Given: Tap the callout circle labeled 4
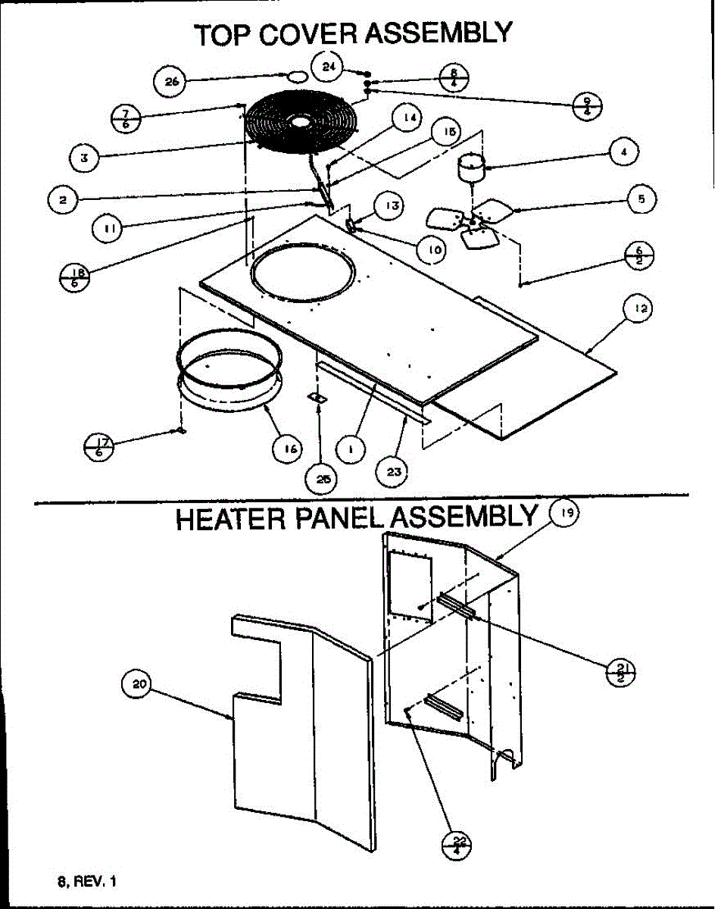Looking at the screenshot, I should click(x=623, y=151).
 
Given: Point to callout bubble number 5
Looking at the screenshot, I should click(x=641, y=200).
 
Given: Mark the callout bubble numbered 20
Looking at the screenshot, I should click(x=137, y=685).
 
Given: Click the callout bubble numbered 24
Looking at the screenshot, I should click(x=329, y=67).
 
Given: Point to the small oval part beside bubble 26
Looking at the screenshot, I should click(x=297, y=76).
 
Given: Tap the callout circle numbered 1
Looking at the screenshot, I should click(x=351, y=448).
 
